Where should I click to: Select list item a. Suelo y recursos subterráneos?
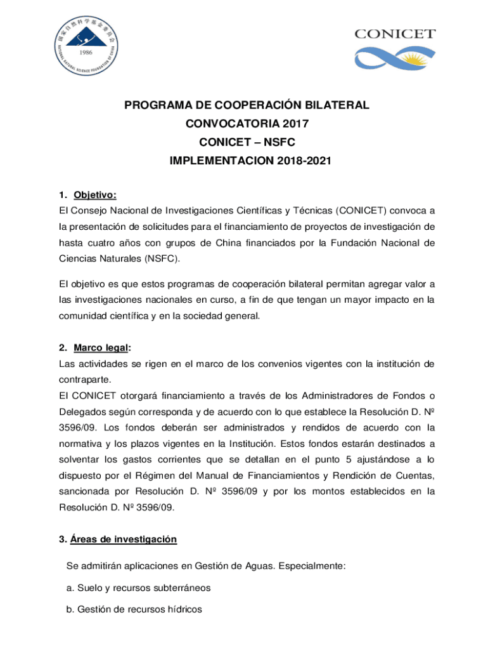138,588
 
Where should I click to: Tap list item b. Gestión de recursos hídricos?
134,609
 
